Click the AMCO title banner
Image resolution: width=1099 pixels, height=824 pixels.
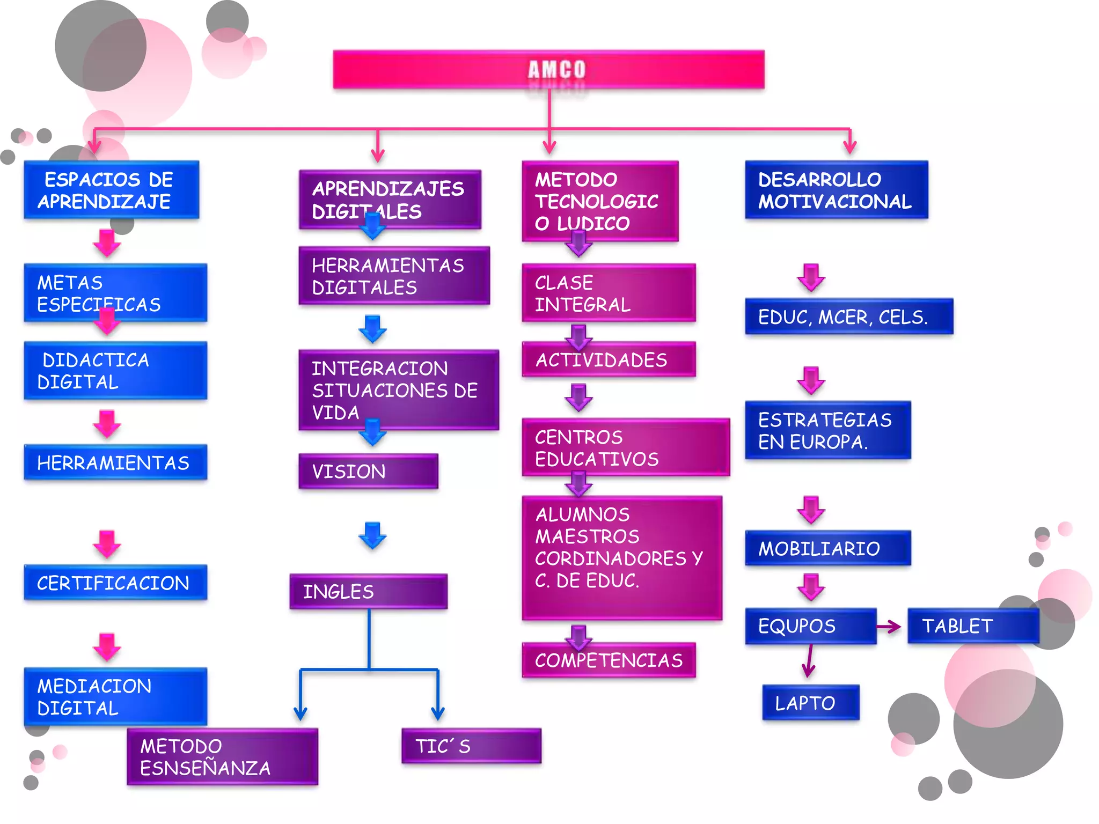coord(548,70)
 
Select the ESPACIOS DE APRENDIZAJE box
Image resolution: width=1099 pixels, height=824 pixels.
coord(112,190)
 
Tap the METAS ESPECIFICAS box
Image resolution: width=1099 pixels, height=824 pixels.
coord(115,293)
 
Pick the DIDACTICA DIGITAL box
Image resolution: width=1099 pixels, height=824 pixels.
coord(115,371)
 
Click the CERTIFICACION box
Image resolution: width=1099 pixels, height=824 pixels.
coord(115,583)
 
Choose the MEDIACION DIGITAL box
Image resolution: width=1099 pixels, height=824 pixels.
coord(115,696)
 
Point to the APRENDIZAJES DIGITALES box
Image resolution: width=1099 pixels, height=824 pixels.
coord(390,200)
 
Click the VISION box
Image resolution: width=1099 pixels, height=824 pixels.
coord(368,472)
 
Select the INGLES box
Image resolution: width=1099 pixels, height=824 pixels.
coord(368,591)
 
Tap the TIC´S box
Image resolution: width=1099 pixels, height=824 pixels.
coord(471,746)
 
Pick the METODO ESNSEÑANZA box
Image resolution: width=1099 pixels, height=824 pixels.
coord(222,756)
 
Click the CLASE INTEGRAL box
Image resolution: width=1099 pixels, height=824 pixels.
coord(609,293)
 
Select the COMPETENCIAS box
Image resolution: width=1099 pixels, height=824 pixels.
coord(609,660)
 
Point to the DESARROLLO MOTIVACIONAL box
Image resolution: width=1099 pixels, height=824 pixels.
coord(836,190)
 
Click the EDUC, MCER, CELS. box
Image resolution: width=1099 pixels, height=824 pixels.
coord(849,317)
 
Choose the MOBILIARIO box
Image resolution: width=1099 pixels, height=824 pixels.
coord(827,548)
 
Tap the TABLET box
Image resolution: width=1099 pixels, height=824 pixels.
coord(973,626)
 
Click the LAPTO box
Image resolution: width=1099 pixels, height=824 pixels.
coord(810,703)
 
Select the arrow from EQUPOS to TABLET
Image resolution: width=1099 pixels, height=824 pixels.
coord(889,626)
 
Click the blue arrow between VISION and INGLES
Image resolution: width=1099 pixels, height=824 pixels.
coord(372,535)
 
